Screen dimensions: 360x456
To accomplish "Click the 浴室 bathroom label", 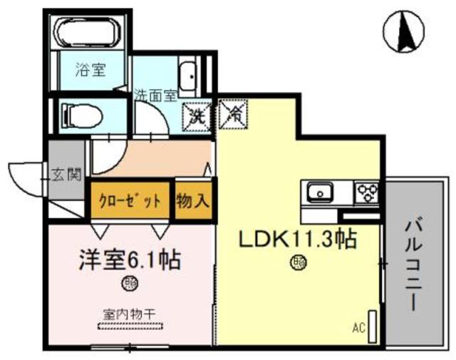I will [90, 71].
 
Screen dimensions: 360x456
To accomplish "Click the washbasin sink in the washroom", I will [189, 77].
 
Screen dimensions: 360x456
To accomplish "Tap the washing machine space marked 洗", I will [197, 115].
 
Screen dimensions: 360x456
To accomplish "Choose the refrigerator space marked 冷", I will [232, 114].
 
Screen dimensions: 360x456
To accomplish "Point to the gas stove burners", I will [367, 192].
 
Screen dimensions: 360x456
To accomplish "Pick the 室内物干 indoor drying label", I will [130, 311].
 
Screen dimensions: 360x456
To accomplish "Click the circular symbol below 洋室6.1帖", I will [130, 284].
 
